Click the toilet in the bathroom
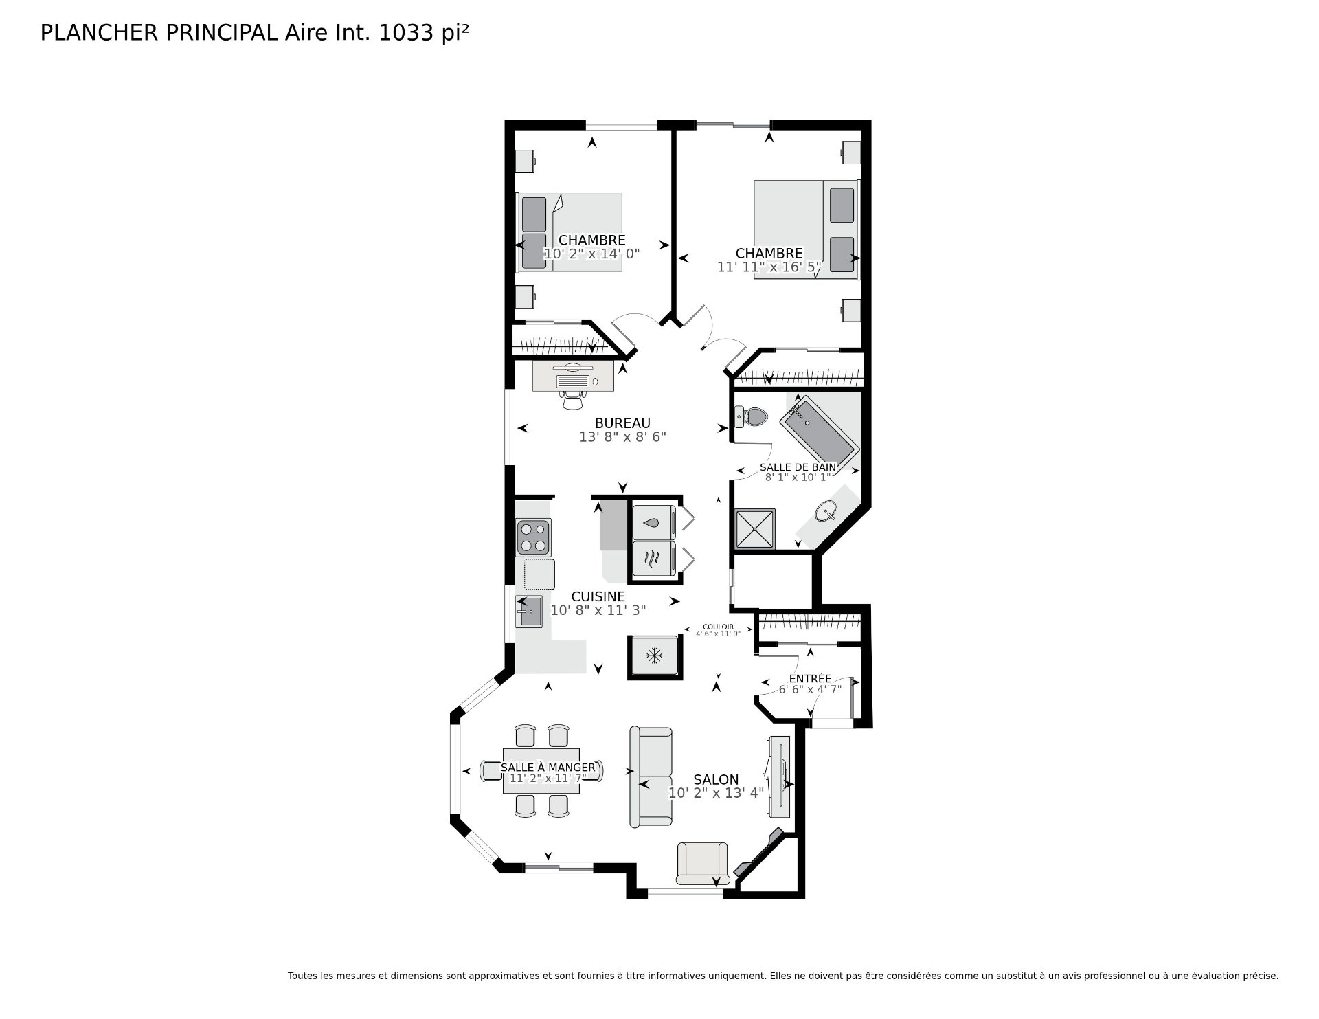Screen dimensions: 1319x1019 coord(750,416)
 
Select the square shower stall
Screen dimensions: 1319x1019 coord(755,528)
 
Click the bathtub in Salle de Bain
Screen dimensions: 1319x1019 coord(819,434)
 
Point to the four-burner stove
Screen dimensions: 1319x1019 coord(534,537)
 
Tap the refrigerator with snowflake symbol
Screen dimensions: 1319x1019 coord(654,656)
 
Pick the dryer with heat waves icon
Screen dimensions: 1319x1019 coord(653,558)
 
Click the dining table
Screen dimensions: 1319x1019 coord(541,771)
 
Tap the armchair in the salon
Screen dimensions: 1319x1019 coord(702,863)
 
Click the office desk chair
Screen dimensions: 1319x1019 coord(572,399)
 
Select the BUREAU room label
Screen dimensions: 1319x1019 coord(622,423)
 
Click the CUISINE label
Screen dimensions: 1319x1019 coord(598,596)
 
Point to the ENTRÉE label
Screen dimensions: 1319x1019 coord(810,679)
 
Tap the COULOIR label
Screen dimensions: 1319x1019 coord(718,627)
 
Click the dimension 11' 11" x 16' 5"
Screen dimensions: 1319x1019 coord(769,267)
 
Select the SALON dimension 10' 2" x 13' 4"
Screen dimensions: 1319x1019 coord(716,793)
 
